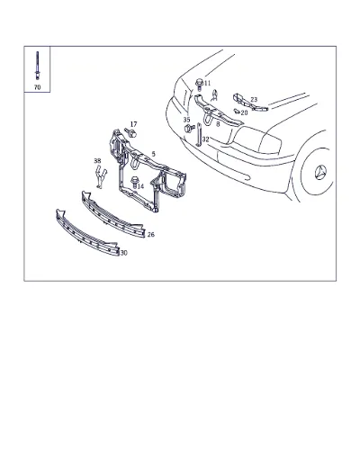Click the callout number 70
[37, 87]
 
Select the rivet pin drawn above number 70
[37, 66]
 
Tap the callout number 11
[207, 83]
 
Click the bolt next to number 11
[199, 84]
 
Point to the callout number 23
[254, 99]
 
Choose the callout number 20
[244, 112]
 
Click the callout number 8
[218, 124]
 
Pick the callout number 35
[186, 120]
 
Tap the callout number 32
[205, 139]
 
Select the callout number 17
[133, 124]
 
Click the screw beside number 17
[130, 132]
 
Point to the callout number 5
[153, 154]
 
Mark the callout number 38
[97, 161]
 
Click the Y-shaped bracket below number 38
[100, 178]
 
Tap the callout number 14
[140, 186]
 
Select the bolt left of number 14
[134, 183]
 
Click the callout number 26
[151, 234]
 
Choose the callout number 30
[123, 253]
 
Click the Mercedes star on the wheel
[320, 172]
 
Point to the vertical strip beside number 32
[198, 135]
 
